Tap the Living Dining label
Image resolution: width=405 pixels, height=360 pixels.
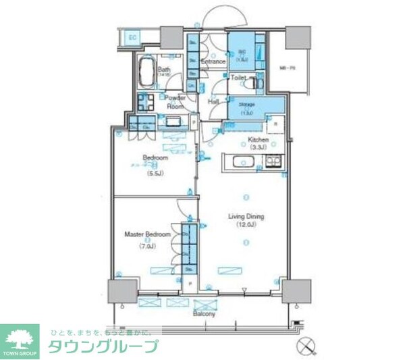click(246, 217)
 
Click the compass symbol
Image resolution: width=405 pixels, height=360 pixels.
click(306, 346)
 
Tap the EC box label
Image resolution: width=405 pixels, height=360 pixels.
click(132, 38)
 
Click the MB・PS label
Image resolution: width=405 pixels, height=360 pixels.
click(287, 67)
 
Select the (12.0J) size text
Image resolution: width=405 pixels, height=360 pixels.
click(246, 226)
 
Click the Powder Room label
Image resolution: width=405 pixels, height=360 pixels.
click(175, 102)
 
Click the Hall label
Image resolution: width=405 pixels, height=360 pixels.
click(214, 101)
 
